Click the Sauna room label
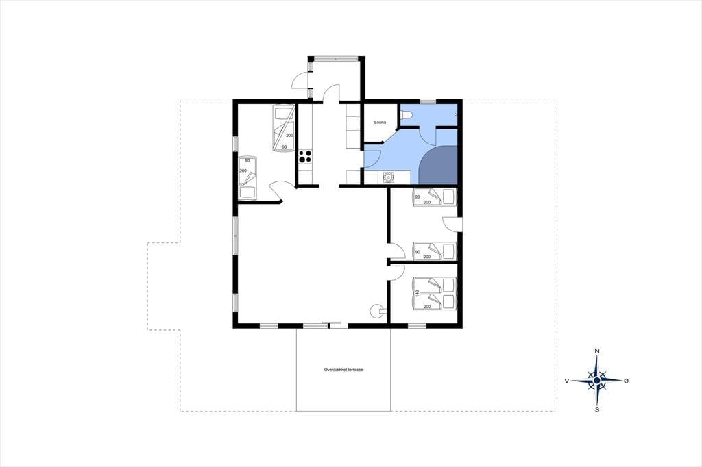point(380,122)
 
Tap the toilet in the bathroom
point(406,115)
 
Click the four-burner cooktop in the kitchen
point(305,157)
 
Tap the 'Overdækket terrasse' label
point(343,370)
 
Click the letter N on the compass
point(597,351)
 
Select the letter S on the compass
point(597,409)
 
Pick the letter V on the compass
point(567,381)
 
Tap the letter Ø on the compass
point(627,381)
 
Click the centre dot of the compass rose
point(597,381)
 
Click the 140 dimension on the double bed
point(417,294)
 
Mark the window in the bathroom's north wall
point(428,101)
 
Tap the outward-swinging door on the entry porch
point(300,81)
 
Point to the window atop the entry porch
point(336,58)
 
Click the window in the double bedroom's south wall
point(417,326)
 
